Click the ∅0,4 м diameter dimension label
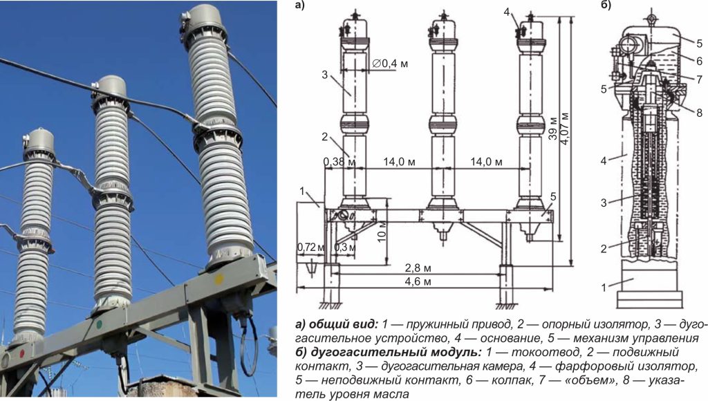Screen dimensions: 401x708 click(x=390, y=64)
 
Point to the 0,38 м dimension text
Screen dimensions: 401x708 click(x=339, y=162)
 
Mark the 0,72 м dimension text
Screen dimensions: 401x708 click(x=309, y=247)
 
